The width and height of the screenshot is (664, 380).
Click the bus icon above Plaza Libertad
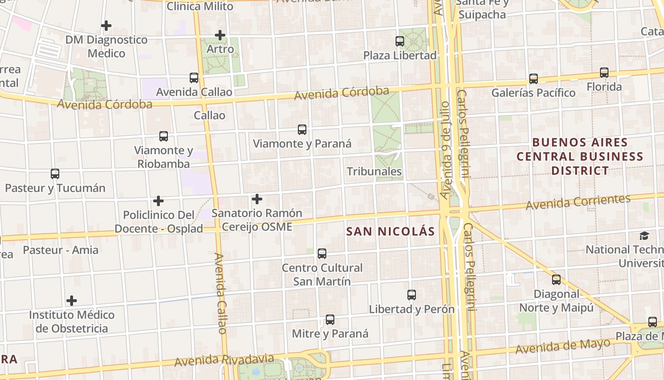(400, 41)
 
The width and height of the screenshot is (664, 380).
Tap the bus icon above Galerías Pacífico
(534, 79)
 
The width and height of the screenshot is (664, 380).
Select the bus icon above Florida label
(604, 73)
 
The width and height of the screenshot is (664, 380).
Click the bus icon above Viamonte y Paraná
(302, 129)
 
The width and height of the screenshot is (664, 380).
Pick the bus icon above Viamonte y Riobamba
(164, 136)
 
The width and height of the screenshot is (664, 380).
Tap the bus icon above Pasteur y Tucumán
(55, 174)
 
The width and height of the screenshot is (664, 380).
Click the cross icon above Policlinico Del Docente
(158, 201)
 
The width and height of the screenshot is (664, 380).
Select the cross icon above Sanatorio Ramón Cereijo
(257, 199)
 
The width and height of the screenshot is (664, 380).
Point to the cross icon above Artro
(220, 35)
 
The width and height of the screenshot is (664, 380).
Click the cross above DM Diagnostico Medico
(106, 25)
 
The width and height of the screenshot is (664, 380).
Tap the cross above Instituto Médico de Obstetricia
(72, 301)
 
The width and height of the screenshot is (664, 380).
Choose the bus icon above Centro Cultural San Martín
(322, 254)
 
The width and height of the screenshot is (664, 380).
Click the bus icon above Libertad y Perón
(412, 295)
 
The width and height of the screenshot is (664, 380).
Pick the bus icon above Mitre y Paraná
(330, 320)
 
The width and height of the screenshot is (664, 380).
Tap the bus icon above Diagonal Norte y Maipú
(556, 280)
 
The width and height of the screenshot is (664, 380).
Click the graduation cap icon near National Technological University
(644, 236)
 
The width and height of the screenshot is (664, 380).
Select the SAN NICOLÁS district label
(390, 231)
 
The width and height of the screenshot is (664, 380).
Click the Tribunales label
(374, 171)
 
